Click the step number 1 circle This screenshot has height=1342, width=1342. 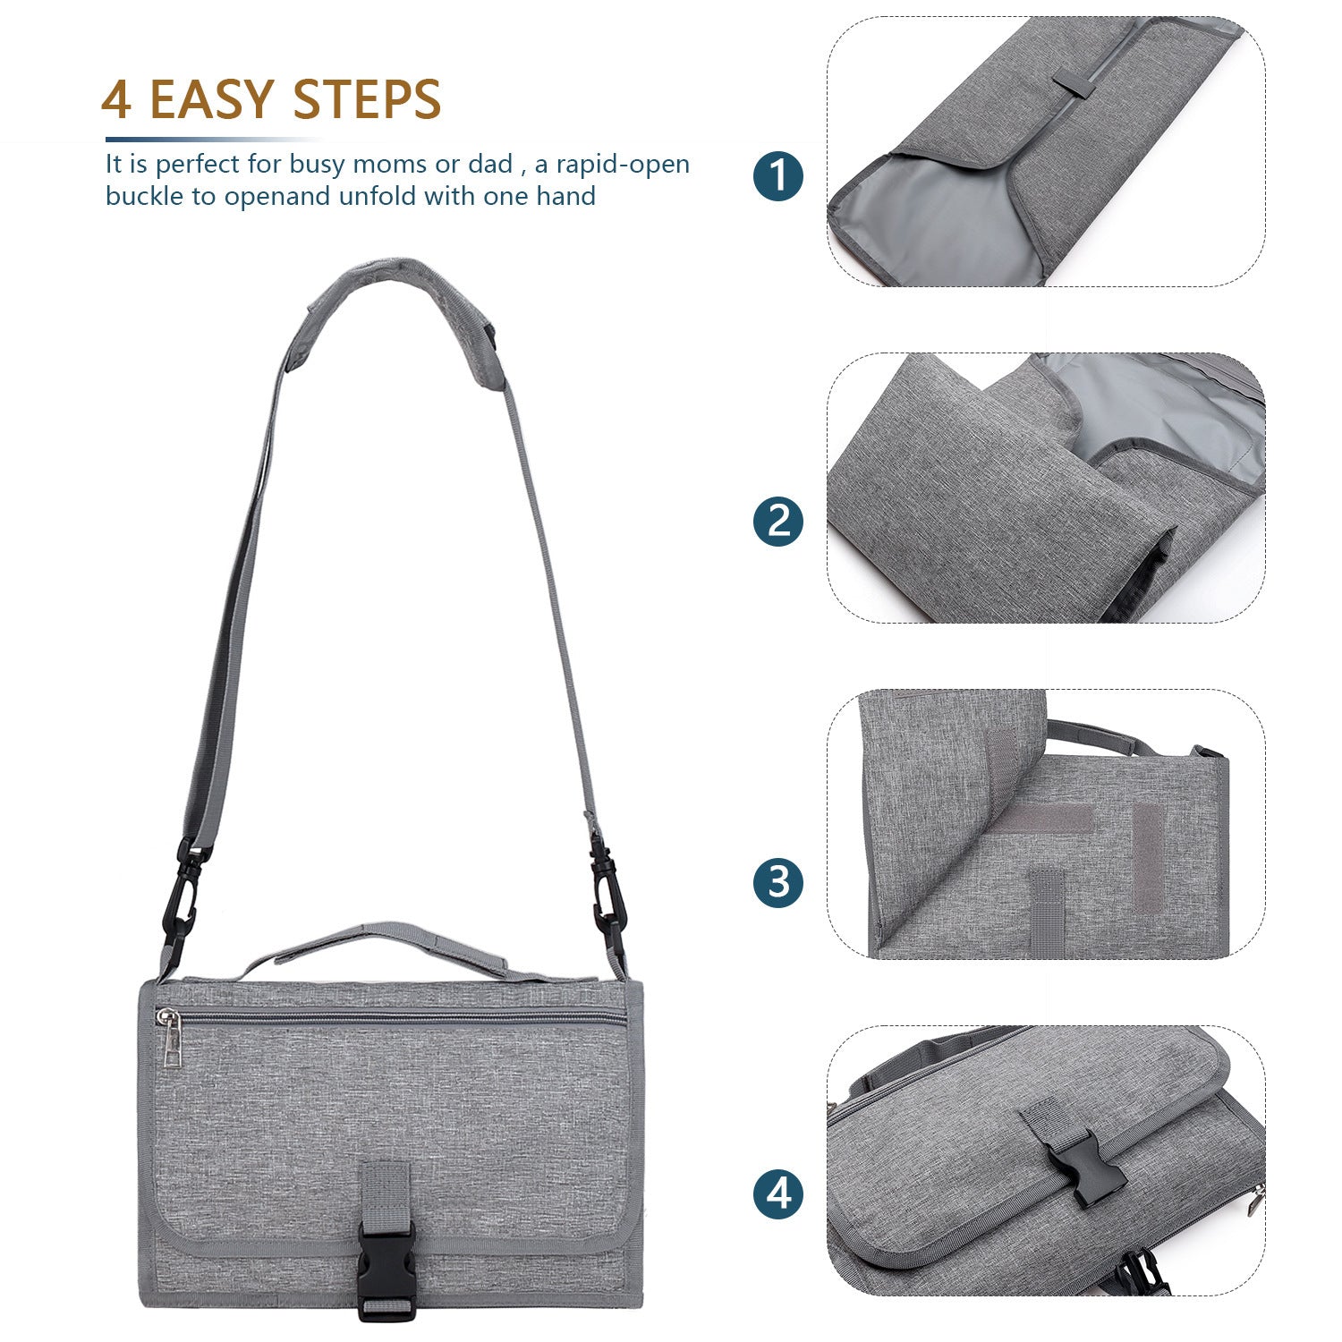pos(778,174)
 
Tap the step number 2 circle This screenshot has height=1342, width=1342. pos(778,521)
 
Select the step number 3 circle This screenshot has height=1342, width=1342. pos(778,882)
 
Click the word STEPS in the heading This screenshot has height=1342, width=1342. pos(367,99)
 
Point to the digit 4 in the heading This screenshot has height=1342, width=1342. pos(116,99)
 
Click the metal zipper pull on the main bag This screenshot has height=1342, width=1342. pos(170,1040)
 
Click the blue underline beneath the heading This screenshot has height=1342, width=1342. pos(206,140)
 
